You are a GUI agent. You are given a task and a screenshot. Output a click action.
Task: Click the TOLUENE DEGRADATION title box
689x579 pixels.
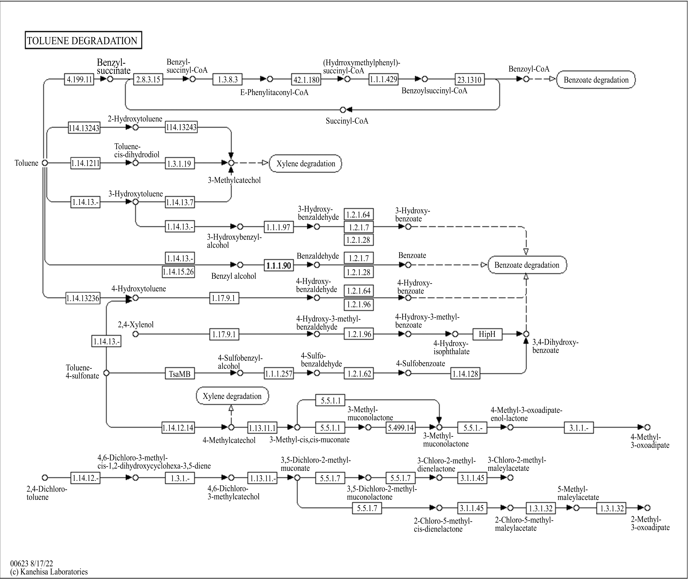pyautogui.click(x=83, y=40)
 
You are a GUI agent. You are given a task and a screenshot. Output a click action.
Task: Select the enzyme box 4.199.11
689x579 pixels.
pyautogui.click(x=79, y=79)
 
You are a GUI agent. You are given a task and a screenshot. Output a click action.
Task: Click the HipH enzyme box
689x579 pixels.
pyautogui.click(x=487, y=334)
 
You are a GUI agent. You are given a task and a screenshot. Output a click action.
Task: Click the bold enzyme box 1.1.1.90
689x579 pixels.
pyautogui.click(x=279, y=265)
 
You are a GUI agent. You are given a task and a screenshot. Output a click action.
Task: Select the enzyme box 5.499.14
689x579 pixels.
pyautogui.click(x=401, y=428)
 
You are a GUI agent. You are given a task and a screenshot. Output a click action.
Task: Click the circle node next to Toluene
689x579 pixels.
pyautogui.click(x=45, y=163)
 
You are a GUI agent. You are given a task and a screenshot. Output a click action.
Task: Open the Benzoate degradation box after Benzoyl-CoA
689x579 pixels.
pyautogui.click(x=596, y=80)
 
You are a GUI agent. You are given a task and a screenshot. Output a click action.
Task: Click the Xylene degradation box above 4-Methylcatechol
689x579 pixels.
pyautogui.click(x=232, y=396)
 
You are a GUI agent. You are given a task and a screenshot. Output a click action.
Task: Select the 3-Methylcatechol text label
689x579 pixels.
pyautogui.click(x=234, y=180)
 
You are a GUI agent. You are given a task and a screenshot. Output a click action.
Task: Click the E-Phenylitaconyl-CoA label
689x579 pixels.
pyautogui.click(x=274, y=93)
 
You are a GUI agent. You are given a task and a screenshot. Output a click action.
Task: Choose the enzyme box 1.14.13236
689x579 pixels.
pyautogui.click(x=83, y=298)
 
